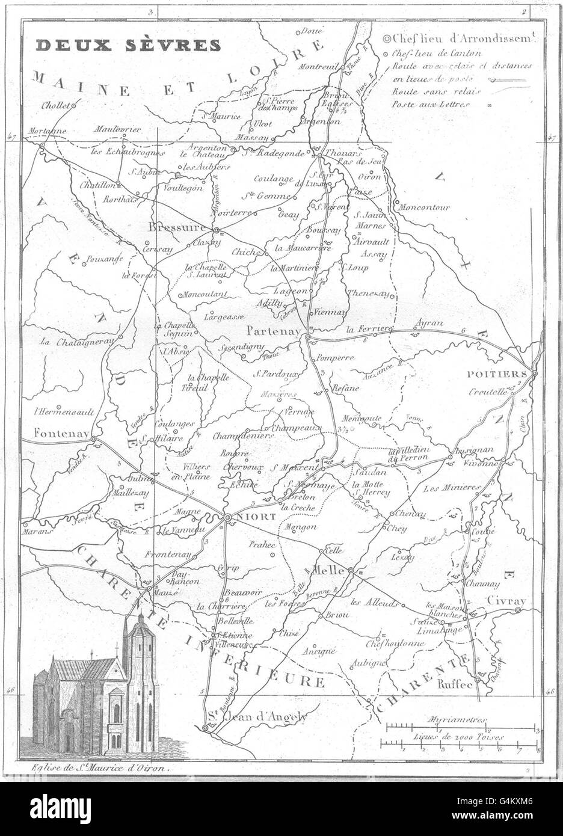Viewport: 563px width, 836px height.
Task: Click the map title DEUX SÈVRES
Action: tap(128, 45)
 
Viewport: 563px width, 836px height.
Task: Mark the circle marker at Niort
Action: tap(228, 517)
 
